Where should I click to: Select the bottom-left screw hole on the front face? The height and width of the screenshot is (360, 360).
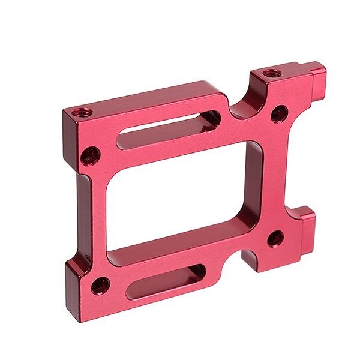click(100, 283)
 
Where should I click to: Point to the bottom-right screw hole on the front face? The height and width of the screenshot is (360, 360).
click(275, 238)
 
